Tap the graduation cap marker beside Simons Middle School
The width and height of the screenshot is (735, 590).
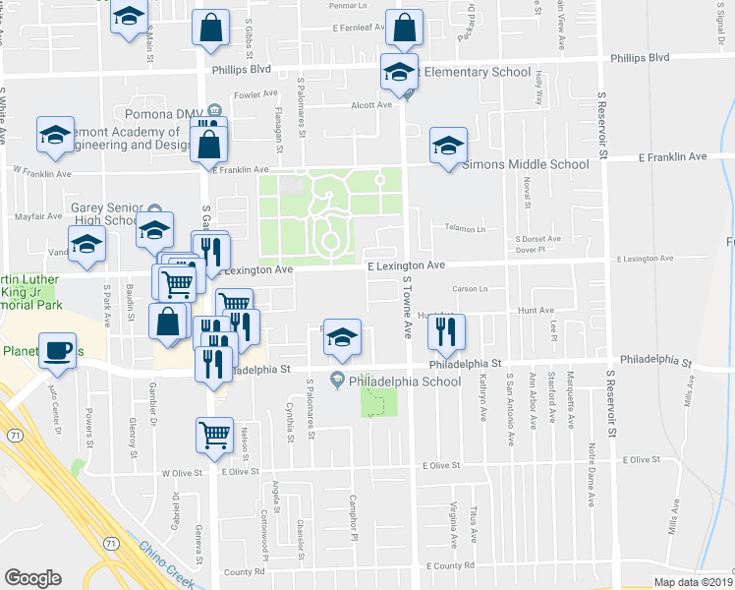pyautogui.click(x=448, y=147)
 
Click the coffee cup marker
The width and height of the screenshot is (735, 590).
pyautogui.click(x=58, y=351)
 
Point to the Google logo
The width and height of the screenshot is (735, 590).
pyautogui.click(x=32, y=578)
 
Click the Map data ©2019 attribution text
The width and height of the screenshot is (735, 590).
pyautogui.click(x=693, y=582)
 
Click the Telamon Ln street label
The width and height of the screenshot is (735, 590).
pyautogui.click(x=466, y=228)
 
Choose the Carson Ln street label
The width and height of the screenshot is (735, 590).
pyautogui.click(x=470, y=289)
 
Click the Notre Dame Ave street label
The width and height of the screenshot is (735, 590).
pyautogui.click(x=592, y=474)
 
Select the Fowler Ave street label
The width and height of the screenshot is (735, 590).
pyautogui.click(x=254, y=95)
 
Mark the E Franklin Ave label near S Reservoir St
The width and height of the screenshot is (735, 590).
pyautogui.click(x=672, y=157)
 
